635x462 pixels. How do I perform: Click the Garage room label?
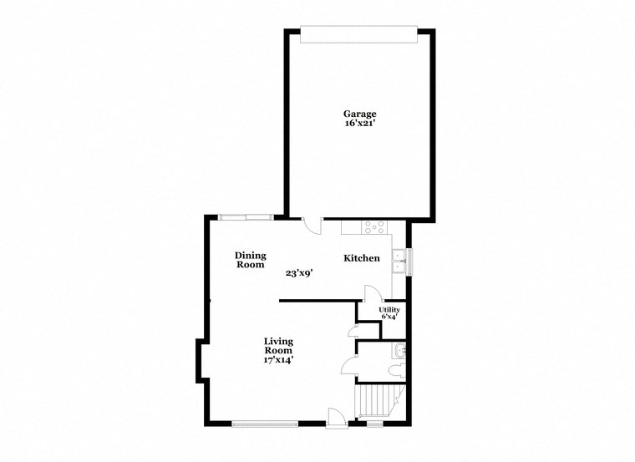point(360,114)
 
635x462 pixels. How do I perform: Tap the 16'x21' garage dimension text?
point(360,124)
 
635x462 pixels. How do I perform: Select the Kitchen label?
point(362,258)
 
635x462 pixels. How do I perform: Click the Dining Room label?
point(250,260)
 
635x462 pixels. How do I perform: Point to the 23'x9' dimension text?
point(298,272)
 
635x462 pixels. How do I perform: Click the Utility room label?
point(389,310)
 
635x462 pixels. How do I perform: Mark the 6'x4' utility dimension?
point(389,317)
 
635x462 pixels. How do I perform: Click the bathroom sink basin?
point(399,348)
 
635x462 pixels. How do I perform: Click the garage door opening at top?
point(358,34)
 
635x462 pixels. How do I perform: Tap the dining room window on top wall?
point(246,217)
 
